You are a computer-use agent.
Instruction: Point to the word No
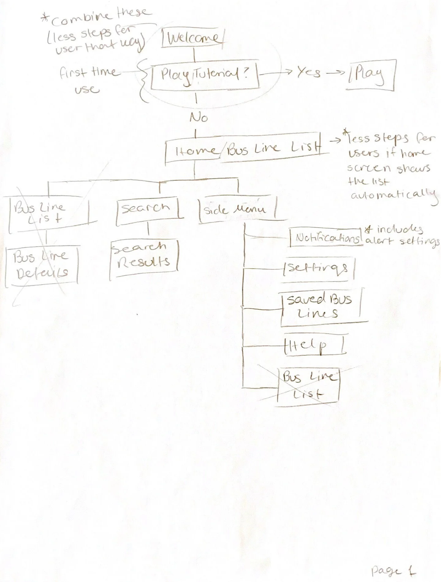[x=198, y=118]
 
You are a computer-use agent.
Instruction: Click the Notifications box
[x=326, y=238]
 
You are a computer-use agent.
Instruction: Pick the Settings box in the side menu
[x=318, y=268]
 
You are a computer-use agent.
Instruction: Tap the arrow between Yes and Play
[x=336, y=73]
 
